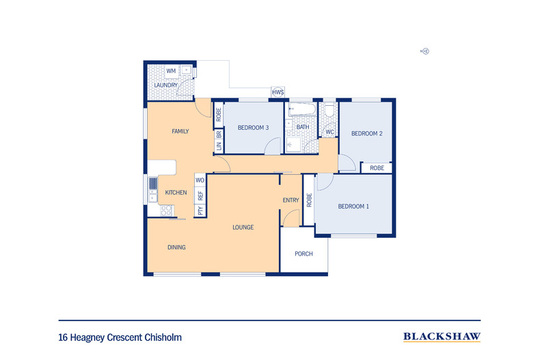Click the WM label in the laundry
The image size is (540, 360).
(171, 71)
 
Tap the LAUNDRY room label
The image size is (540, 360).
(165, 85)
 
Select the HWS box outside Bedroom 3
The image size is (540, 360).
(278, 92)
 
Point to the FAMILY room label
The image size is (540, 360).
(180, 131)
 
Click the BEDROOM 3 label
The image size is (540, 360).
(253, 128)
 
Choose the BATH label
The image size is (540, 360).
(303, 127)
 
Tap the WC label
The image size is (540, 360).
(329, 132)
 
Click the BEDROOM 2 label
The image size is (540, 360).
(366, 134)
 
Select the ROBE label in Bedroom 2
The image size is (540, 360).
(377, 168)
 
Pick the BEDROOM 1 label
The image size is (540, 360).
(353, 206)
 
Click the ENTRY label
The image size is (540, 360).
(291, 199)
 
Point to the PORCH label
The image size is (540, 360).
(303, 254)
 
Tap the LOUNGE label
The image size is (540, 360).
(243, 227)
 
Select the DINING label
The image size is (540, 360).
(176, 247)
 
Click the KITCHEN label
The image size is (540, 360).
(176, 193)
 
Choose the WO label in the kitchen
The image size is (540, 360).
(200, 180)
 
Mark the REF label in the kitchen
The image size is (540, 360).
(200, 195)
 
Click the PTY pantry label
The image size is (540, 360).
(200, 211)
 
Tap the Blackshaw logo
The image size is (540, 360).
(441, 336)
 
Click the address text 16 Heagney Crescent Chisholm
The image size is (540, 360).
(120, 337)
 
